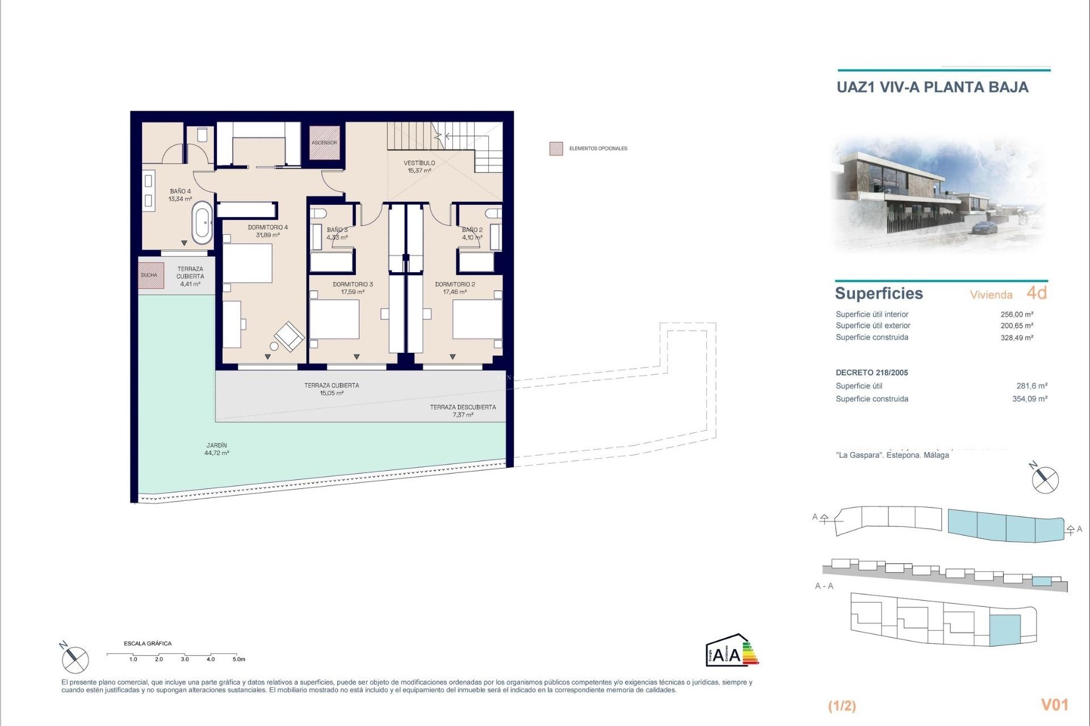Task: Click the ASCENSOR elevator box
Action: [324, 142]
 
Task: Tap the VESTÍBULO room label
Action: [420, 163]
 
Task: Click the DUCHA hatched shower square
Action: [150, 276]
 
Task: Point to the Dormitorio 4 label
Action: [267, 227]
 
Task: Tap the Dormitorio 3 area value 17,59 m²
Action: [353, 292]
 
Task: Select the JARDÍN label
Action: [217, 445]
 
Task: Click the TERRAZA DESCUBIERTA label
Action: [463, 407]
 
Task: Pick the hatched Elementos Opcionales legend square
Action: [556, 149]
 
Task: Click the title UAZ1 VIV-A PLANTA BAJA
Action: [932, 87]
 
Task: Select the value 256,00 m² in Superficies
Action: [1016, 314]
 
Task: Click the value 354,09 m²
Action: [1029, 399]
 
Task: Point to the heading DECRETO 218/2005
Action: [871, 373]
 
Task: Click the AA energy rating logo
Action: [731, 651]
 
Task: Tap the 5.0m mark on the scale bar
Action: [238, 659]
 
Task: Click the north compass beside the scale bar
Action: [75, 659]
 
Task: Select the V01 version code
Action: [1054, 704]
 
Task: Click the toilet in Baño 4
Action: [202, 135]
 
